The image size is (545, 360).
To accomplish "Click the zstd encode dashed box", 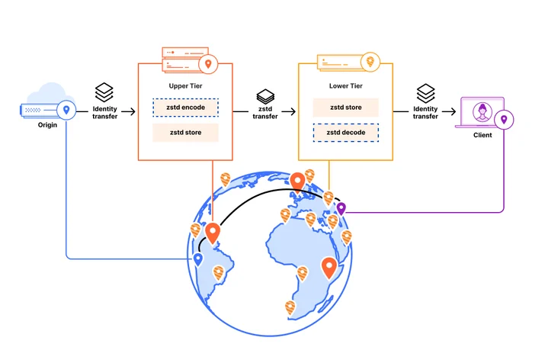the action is pos(186,108).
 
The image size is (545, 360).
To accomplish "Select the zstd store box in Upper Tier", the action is pos(186,133).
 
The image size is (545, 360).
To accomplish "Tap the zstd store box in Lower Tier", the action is pos(346,108).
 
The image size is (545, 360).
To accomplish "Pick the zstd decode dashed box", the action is pos(346,133).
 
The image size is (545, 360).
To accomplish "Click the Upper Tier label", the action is pos(186,86).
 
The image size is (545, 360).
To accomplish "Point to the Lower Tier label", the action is pos(346,86).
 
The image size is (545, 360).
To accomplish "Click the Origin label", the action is pos(47,125).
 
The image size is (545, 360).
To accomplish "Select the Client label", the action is pos(482,135).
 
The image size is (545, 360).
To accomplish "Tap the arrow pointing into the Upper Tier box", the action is pos(128,111).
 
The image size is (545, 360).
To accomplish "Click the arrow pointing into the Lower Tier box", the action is pos(288,111).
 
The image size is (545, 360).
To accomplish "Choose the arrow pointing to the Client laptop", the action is pos(449,111).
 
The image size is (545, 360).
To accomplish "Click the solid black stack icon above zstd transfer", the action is pos(265,96).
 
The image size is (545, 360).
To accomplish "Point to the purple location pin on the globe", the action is pos(341,209).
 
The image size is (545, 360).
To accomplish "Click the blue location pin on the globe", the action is pos(198,259).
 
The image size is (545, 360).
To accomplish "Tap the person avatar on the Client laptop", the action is pos(482,112).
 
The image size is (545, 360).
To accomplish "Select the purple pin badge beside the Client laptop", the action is pos(504,120).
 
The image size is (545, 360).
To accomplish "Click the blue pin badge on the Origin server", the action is pos(66,110).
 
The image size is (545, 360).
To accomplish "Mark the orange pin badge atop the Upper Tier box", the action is pos(208,64).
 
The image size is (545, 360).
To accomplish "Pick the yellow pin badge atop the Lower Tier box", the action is pos(370,62).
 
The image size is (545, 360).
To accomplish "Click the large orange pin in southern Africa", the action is pos(329,268).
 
